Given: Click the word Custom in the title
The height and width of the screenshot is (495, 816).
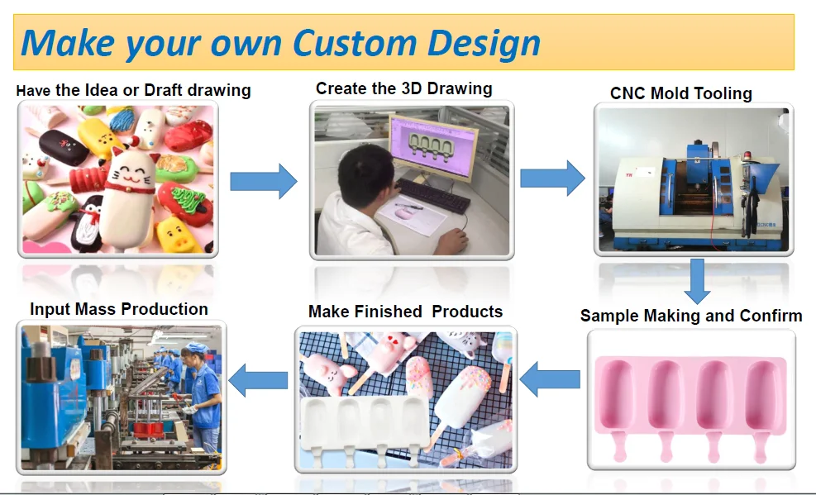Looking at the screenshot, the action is (355, 42).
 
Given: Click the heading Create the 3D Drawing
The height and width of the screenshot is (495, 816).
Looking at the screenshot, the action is (403, 88).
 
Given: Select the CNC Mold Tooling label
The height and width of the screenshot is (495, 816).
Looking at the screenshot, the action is (680, 93).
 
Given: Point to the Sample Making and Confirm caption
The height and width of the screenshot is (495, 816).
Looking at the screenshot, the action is (691, 315).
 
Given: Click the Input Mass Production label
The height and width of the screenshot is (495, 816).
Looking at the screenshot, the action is (119, 309).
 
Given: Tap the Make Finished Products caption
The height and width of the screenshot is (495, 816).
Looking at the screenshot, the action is (405, 311).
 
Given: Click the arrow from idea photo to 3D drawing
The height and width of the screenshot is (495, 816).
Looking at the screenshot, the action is (264, 181).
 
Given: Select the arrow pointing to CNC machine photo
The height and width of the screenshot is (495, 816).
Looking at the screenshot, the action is (552, 178).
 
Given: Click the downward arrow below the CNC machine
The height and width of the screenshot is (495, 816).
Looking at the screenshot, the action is (697, 281).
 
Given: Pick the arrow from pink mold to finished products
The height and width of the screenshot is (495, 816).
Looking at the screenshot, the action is (550, 379).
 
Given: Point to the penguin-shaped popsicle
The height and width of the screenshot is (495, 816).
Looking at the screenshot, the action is (88, 224).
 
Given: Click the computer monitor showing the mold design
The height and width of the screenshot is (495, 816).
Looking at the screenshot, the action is (433, 145).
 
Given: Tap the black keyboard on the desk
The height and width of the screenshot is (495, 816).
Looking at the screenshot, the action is (433, 196).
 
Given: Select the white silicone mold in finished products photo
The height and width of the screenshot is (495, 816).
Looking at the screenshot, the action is (365, 426).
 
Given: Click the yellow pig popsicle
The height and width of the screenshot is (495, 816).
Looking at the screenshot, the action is (179, 235).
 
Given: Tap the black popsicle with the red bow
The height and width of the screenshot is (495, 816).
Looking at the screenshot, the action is (64, 147).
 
